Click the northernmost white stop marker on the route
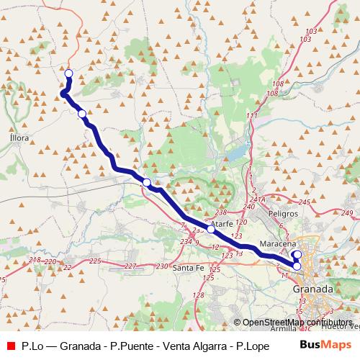69,73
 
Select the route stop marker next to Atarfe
210,229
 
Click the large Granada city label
313,288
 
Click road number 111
251,116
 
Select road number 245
305,202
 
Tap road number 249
348,213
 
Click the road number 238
221,212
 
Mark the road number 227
130,266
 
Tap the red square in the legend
10,345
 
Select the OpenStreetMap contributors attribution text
298,322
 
